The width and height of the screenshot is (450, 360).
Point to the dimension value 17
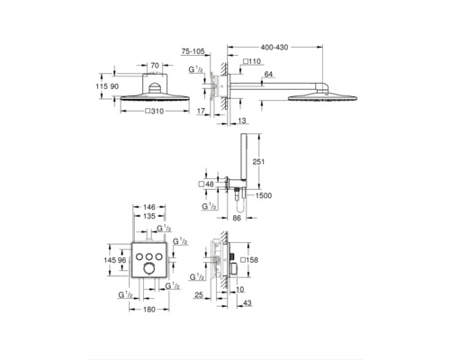pyautogui.click(x=200, y=112)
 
